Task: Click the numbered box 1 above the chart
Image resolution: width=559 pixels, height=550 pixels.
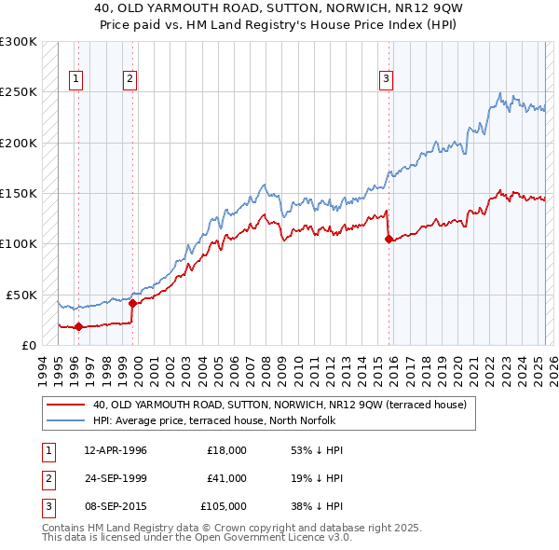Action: click(x=75, y=80)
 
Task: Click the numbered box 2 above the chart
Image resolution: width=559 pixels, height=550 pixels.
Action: click(x=130, y=80)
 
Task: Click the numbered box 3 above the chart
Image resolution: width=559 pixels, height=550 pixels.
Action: click(x=385, y=80)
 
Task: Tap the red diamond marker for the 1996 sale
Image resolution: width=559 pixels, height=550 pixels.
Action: click(x=78, y=326)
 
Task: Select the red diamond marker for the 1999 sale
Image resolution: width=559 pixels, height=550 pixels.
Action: click(x=133, y=303)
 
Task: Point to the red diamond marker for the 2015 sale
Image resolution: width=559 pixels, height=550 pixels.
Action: click(x=389, y=239)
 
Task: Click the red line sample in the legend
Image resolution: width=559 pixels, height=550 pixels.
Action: click(x=66, y=406)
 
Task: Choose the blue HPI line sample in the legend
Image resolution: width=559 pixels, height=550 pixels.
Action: click(x=66, y=420)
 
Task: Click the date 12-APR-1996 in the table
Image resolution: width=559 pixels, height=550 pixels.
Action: click(x=116, y=450)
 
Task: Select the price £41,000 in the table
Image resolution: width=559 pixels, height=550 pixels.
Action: click(x=227, y=478)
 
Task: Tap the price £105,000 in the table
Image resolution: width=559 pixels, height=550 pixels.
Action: click(x=225, y=506)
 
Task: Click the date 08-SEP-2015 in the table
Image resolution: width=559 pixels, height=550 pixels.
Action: click(x=116, y=506)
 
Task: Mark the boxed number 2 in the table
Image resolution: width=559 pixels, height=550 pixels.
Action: click(x=47, y=478)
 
